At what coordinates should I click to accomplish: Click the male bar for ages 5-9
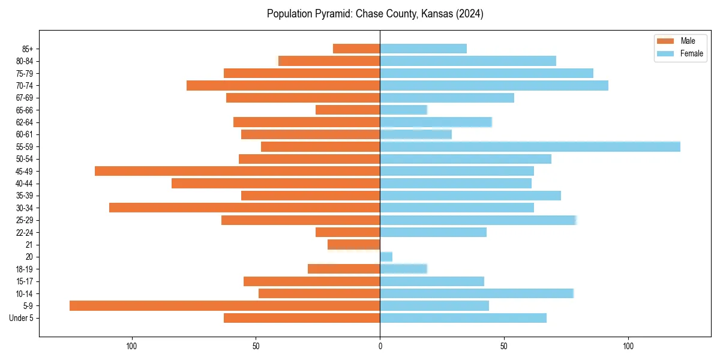[x=224, y=305]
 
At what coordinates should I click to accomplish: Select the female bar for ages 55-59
[x=530, y=146]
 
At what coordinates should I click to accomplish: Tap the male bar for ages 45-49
[x=237, y=171]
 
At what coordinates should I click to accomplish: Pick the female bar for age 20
[x=386, y=257]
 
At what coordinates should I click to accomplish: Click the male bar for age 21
[x=354, y=244]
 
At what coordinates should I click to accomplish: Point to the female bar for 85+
[x=423, y=49]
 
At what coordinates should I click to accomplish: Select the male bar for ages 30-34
[x=244, y=208]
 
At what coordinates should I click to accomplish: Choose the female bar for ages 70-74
[x=494, y=85]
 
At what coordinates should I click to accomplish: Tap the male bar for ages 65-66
[x=347, y=110]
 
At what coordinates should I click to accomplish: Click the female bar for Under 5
[x=463, y=318]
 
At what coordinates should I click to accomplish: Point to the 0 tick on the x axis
[x=380, y=347]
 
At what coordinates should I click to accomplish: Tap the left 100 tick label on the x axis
[x=131, y=347]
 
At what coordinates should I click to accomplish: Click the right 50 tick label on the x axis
[x=504, y=347]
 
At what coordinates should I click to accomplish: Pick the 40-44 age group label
[x=25, y=184]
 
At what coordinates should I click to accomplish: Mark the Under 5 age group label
[x=22, y=318]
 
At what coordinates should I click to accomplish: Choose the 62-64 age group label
[x=25, y=122]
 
